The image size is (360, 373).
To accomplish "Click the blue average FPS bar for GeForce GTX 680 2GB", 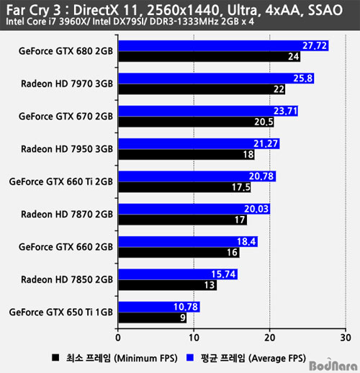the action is point(223,45).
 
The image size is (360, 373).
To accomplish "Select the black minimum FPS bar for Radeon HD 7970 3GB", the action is point(202,89).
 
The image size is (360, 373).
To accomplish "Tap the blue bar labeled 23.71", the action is point(208,111).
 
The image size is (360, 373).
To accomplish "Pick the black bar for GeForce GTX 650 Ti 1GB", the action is point(153,318).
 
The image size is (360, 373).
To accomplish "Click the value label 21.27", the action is point(266,143).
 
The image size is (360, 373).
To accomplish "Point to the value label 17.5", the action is point(241,187).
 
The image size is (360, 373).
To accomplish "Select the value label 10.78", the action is point(186,307).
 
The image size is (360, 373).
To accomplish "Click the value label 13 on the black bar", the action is point(210,285).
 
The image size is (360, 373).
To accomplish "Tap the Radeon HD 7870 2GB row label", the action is point(67,215).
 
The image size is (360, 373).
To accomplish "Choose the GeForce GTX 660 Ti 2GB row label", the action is point(61,181).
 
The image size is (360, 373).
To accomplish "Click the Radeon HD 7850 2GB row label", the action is point(67,279).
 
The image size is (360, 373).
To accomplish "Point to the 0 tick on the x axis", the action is point(118,338).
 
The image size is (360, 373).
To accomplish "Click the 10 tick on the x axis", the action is point(194,338).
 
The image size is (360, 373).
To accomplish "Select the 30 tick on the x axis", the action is point(346,338).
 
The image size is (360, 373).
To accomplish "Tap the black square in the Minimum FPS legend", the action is point(55,358).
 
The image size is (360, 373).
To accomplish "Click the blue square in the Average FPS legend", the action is point(190,358).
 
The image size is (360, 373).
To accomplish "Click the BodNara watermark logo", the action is point(333,365).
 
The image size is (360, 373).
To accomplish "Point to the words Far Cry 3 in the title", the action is point(34,10).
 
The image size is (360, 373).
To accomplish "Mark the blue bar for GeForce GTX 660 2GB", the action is point(188,241).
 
